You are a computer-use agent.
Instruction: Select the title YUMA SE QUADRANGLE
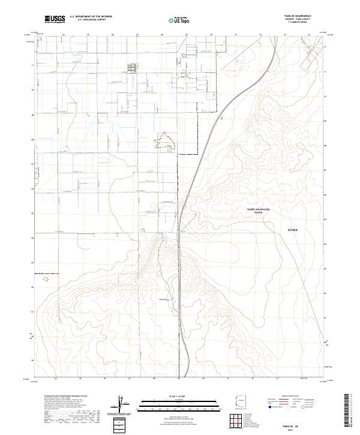[302, 16]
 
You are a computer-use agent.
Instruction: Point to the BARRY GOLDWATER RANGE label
[259, 210]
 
